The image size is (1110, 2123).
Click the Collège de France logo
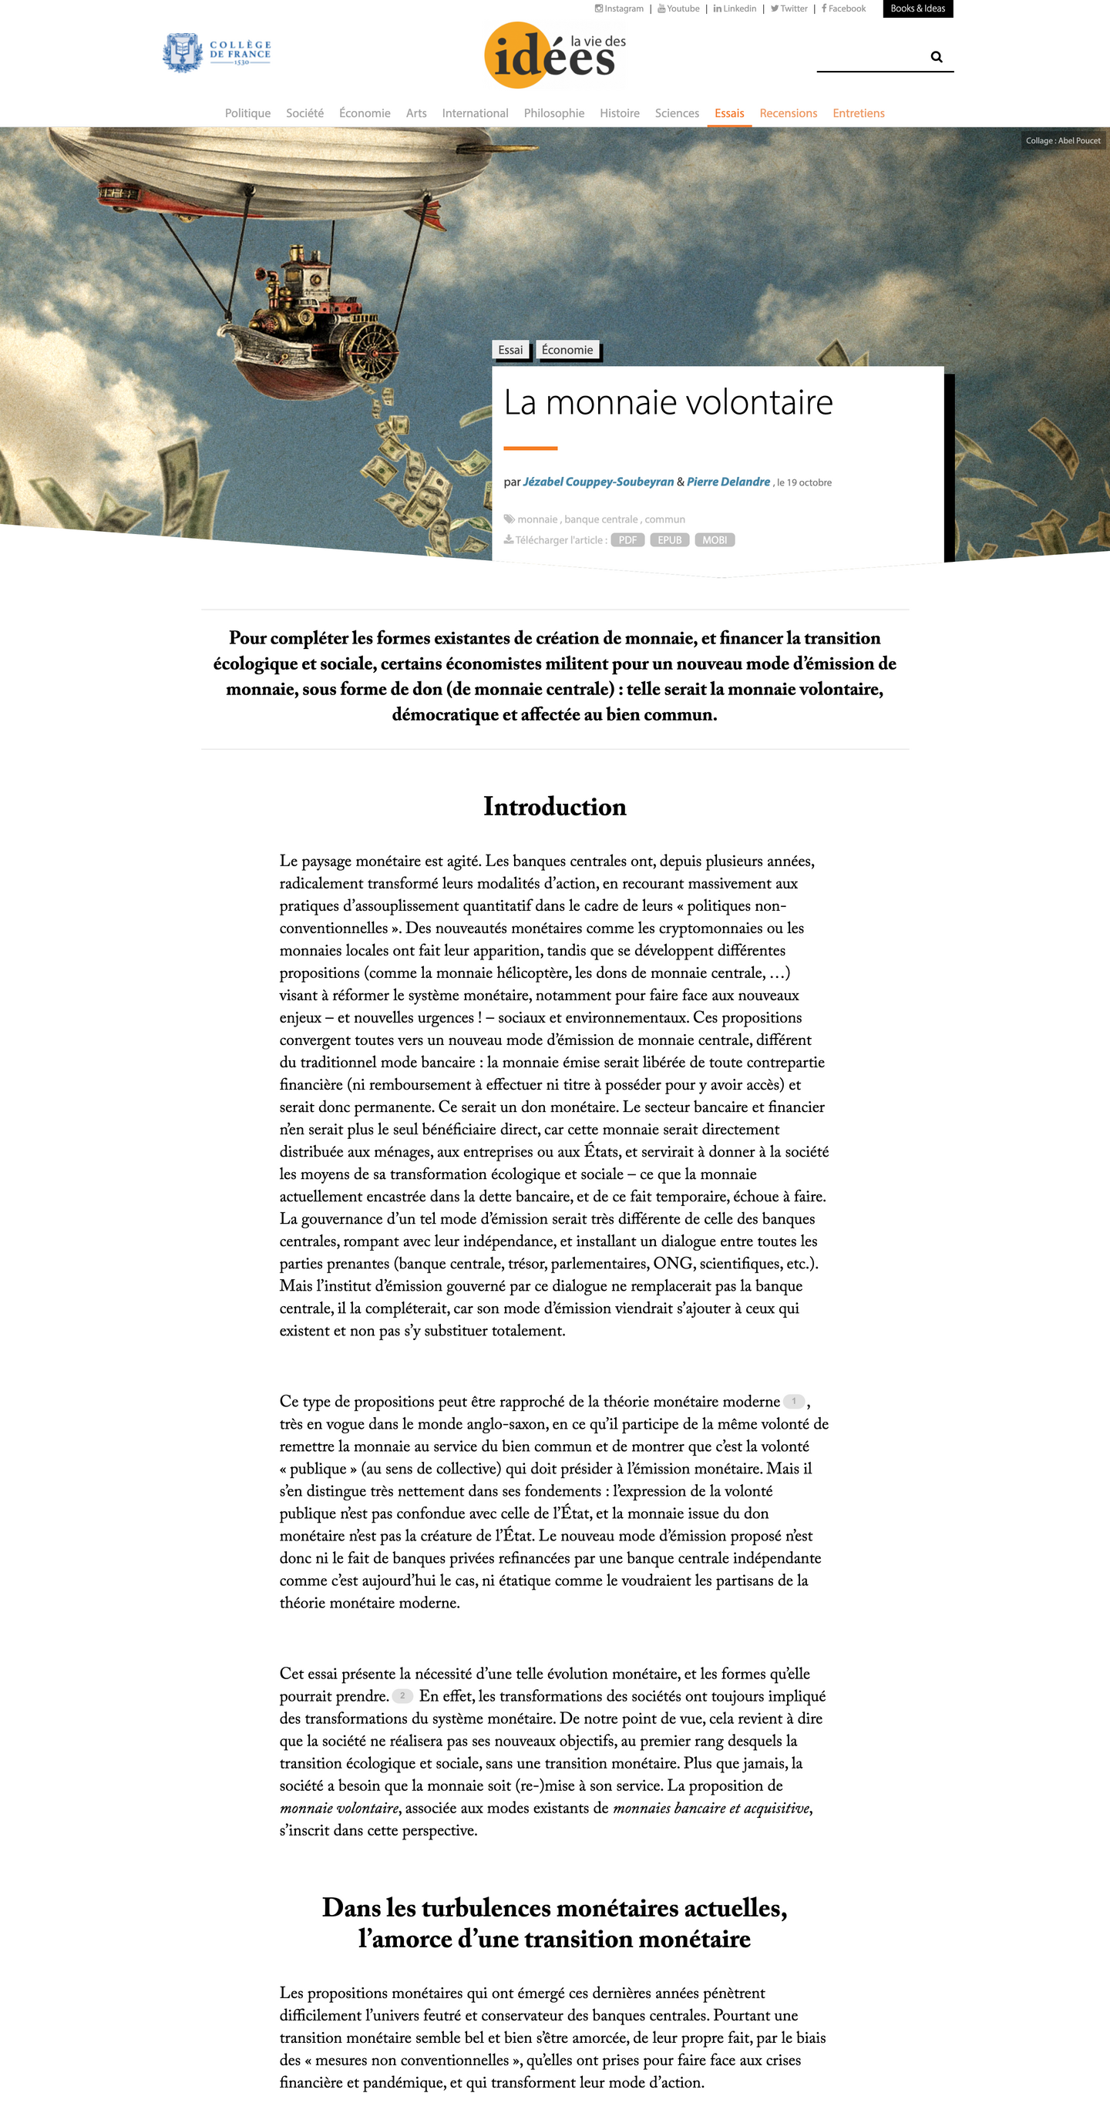pyautogui.click(x=217, y=52)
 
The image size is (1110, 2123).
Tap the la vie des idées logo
pyautogui.click(x=554, y=55)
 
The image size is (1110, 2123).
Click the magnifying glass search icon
pyautogui.click(x=936, y=57)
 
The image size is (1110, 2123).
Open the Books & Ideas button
pyautogui.click(x=917, y=8)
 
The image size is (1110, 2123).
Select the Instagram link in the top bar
pyautogui.click(x=619, y=8)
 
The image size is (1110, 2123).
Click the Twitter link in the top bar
pyautogui.click(x=789, y=8)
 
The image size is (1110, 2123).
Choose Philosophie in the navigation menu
pyautogui.click(x=553, y=113)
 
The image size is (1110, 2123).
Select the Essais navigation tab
pyautogui.click(x=729, y=113)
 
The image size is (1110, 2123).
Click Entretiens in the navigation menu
pyautogui.click(x=858, y=113)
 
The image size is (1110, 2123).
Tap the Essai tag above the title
pyautogui.click(x=510, y=349)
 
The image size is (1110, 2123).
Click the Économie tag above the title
pyautogui.click(x=567, y=349)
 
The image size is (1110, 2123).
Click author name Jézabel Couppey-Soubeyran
pyautogui.click(x=598, y=482)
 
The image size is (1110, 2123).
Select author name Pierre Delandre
pyautogui.click(x=728, y=482)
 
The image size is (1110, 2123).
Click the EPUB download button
pyautogui.click(x=669, y=540)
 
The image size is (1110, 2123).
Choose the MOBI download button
pyautogui.click(x=714, y=540)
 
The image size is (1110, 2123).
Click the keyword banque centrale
pyautogui.click(x=600, y=519)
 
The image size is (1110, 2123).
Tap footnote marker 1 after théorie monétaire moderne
pyautogui.click(x=793, y=1401)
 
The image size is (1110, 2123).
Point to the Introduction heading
pyautogui.click(x=554, y=806)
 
